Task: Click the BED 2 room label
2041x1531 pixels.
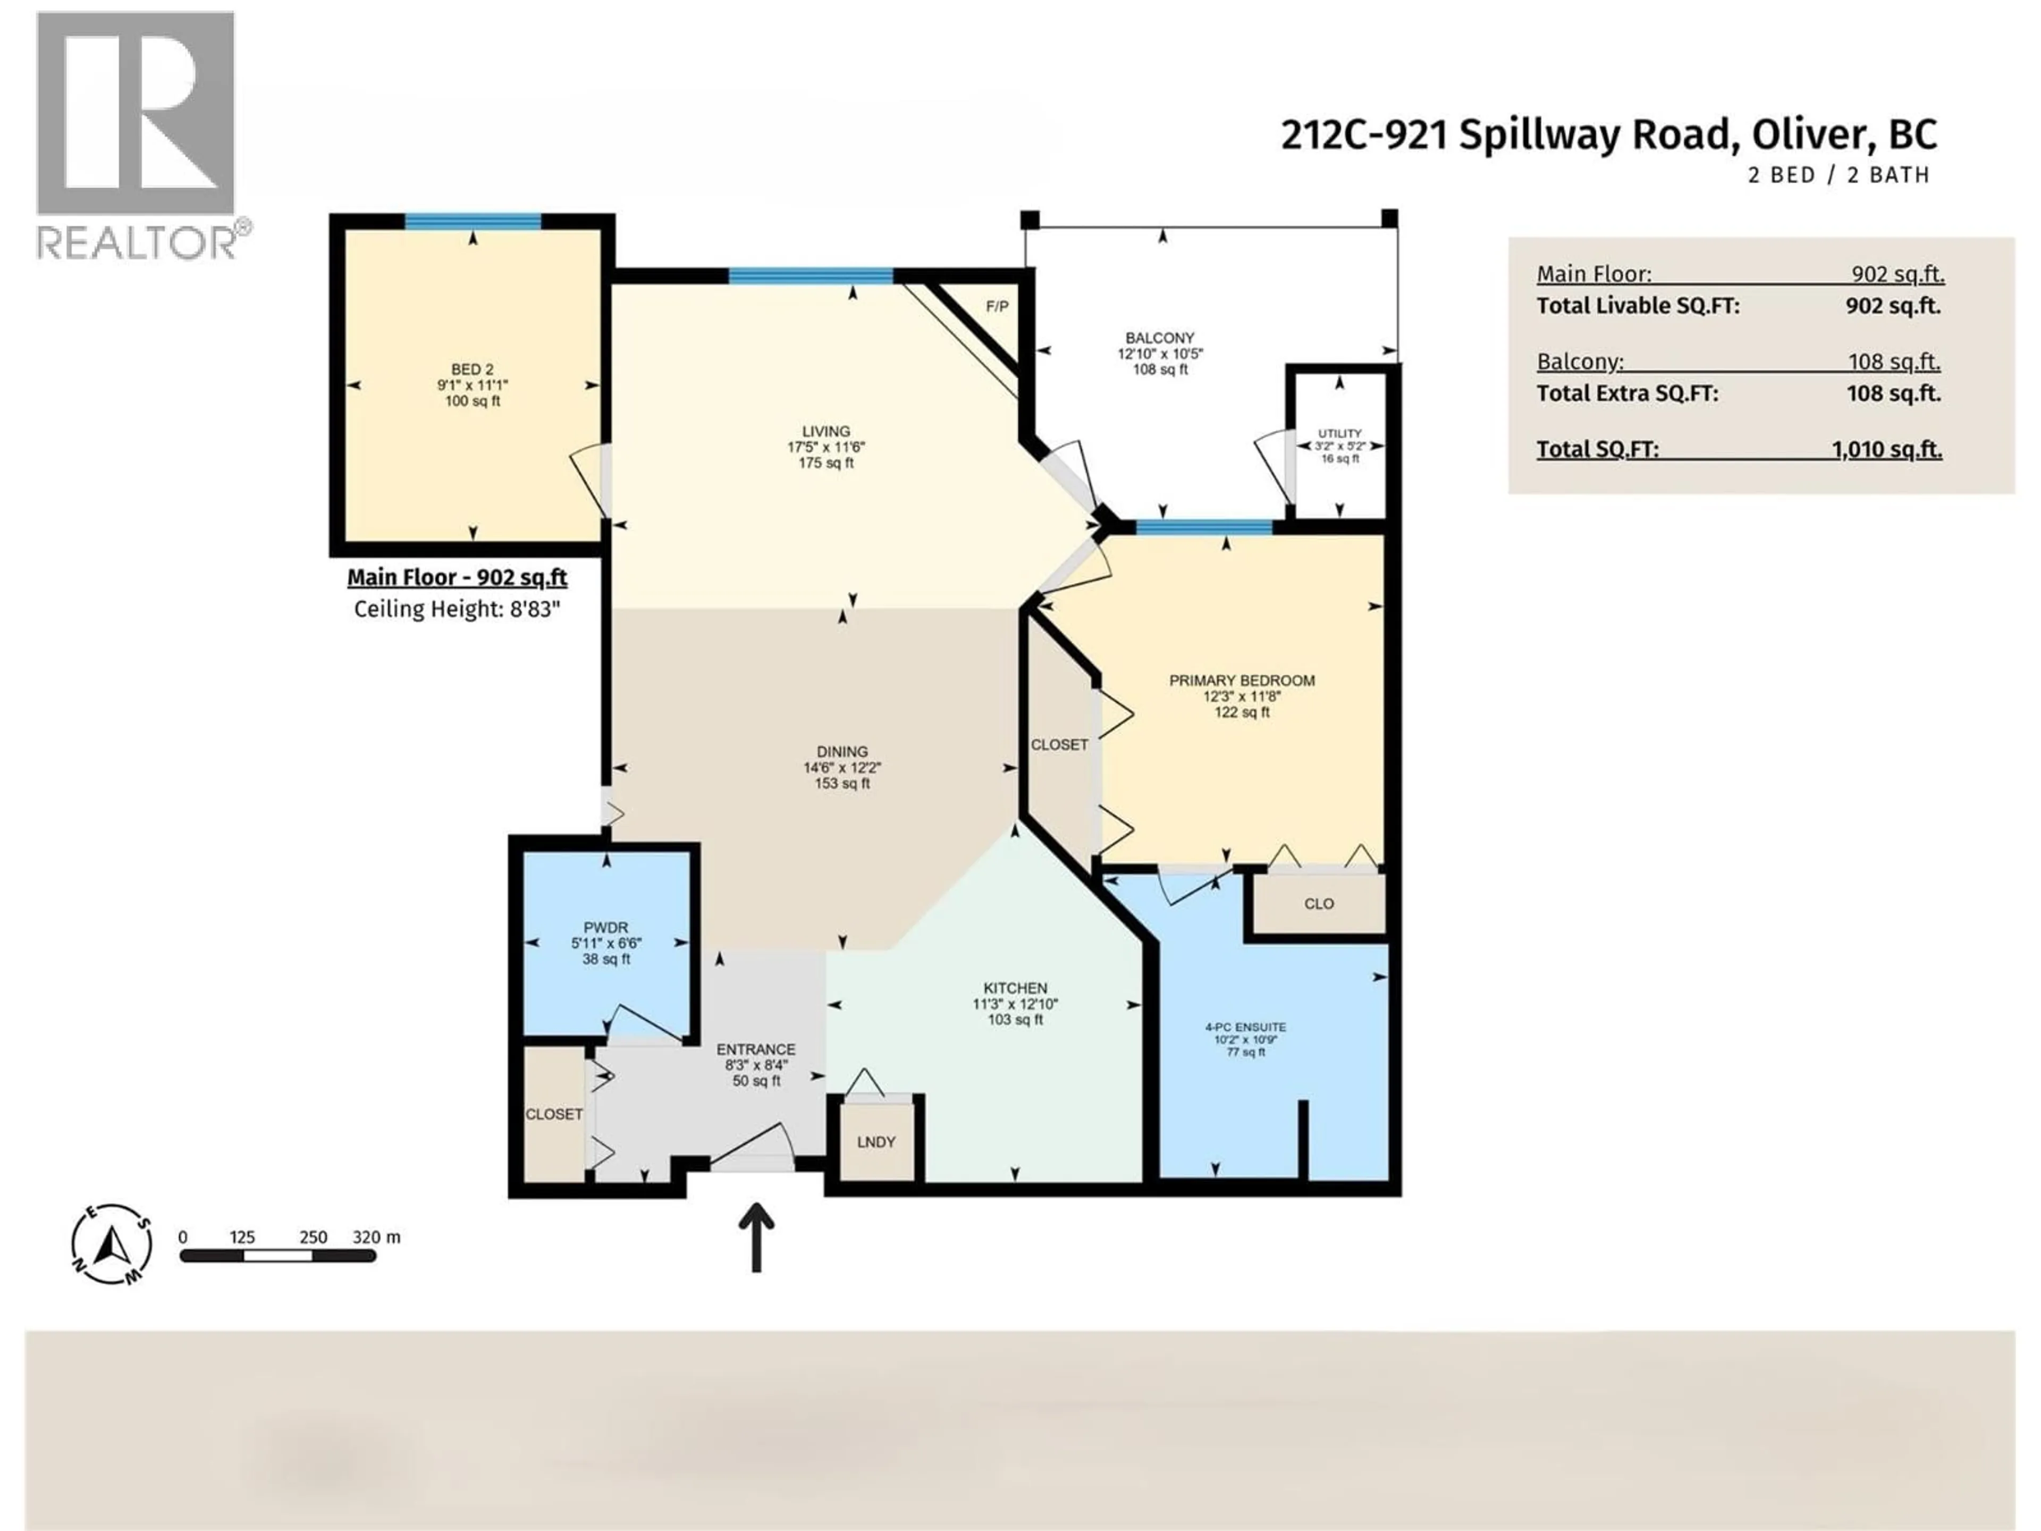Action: click(x=473, y=369)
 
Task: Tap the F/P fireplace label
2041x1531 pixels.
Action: click(x=997, y=306)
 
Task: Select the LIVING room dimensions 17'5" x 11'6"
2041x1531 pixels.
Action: click(x=826, y=447)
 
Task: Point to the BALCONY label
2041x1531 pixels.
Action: click(x=1160, y=338)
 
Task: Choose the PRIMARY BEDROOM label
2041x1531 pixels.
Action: click(x=1242, y=680)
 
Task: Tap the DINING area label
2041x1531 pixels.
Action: click(x=841, y=751)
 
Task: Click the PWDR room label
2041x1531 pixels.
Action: click(x=605, y=928)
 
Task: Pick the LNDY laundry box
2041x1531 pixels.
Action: click(x=875, y=1141)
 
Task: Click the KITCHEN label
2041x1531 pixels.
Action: click(x=1015, y=988)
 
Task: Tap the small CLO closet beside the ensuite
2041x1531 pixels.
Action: click(x=1319, y=904)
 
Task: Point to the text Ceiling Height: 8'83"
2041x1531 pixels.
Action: click(x=457, y=609)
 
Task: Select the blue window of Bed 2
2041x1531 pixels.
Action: click(x=473, y=222)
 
